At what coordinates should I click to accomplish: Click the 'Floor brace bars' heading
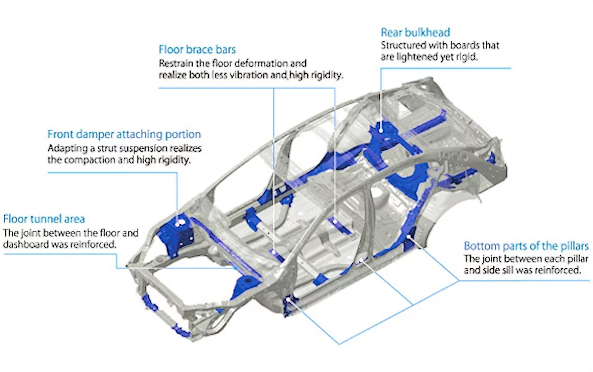click(x=197, y=50)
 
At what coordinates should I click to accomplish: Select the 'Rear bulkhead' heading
click(x=415, y=33)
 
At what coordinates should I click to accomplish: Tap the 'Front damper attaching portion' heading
click(x=124, y=134)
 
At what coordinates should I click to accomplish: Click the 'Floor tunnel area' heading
click(x=44, y=219)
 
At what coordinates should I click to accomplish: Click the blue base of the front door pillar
click(x=289, y=304)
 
